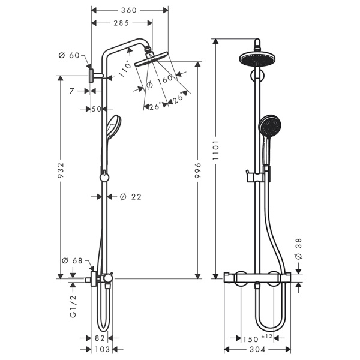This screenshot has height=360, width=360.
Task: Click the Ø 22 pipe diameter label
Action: pyautogui.click(x=130, y=196)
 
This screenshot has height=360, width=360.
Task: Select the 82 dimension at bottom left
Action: pyautogui.click(x=100, y=338)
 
